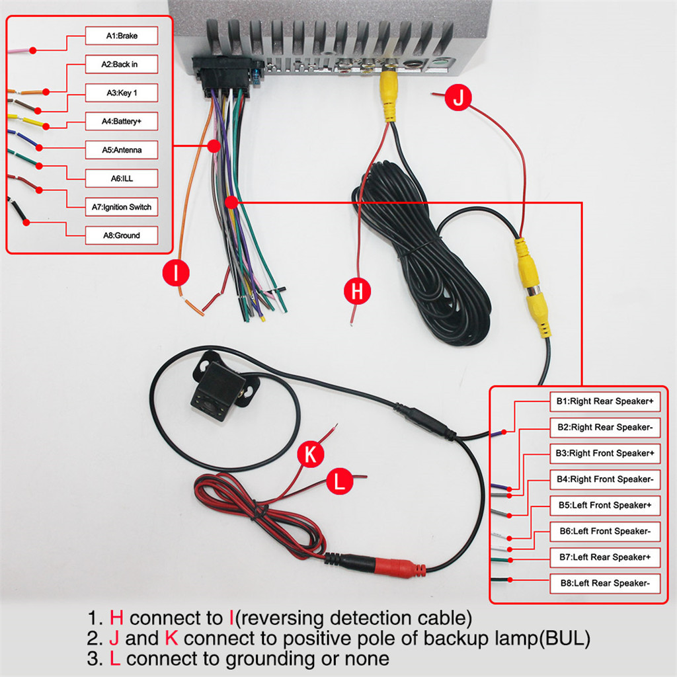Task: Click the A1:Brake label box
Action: (x=122, y=36)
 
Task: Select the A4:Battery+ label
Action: (x=122, y=122)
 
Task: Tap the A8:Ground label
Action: (x=122, y=235)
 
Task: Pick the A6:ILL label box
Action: (x=122, y=179)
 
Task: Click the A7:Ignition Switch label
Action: (x=122, y=207)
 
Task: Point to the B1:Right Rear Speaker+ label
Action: (x=604, y=401)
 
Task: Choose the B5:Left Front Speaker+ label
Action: (x=604, y=505)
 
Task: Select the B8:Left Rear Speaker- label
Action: (x=604, y=583)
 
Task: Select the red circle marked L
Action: (x=340, y=481)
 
